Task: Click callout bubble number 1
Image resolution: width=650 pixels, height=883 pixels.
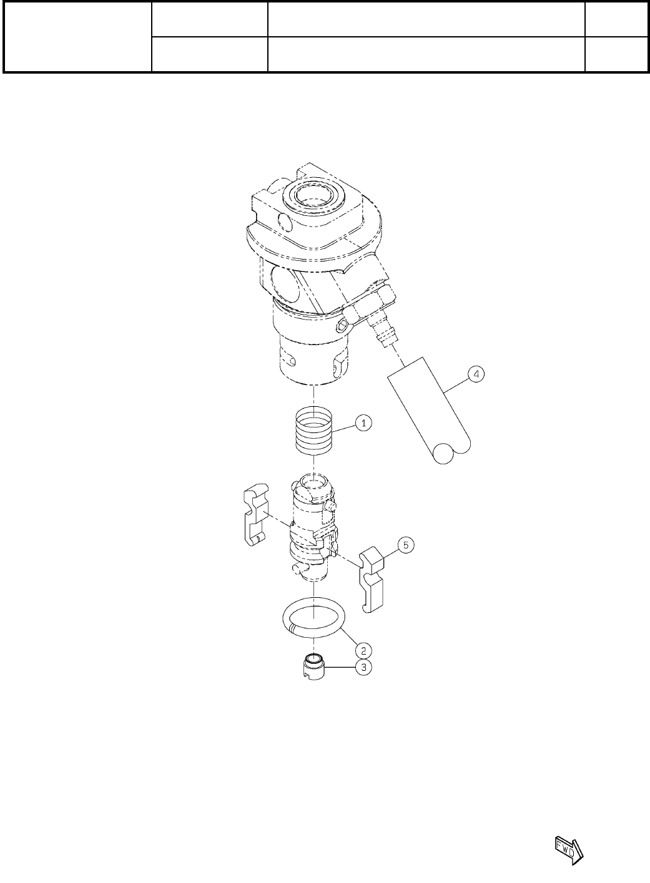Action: pos(363,423)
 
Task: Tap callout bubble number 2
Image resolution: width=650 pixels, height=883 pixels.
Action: pos(363,650)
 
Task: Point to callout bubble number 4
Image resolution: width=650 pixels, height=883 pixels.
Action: pos(476,374)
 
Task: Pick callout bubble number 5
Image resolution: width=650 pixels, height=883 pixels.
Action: pos(406,545)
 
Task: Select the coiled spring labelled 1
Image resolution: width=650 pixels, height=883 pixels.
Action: pos(314,431)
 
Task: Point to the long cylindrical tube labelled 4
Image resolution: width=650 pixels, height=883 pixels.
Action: pos(429,411)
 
